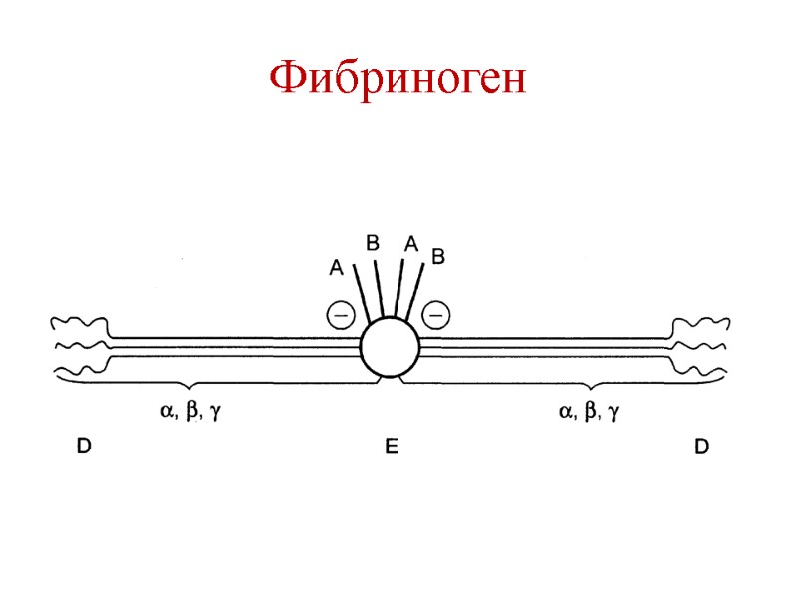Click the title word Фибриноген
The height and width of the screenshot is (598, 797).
(398, 78)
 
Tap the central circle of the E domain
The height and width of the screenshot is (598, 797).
(390, 348)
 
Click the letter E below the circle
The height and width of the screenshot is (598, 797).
(392, 448)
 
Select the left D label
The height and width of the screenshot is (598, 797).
(84, 448)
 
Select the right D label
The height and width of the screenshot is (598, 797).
(701, 448)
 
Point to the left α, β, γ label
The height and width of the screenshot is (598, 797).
(190, 411)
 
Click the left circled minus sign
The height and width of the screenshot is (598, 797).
(340, 315)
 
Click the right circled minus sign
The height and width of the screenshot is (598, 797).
(435, 315)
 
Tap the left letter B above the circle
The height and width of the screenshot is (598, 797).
(373, 242)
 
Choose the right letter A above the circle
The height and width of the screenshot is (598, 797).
(409, 242)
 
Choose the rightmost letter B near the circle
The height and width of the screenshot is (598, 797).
(436, 257)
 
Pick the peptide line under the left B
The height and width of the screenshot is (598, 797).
(379, 289)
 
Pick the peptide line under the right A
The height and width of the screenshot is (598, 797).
(399, 289)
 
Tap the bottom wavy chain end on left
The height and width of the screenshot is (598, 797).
(78, 374)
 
